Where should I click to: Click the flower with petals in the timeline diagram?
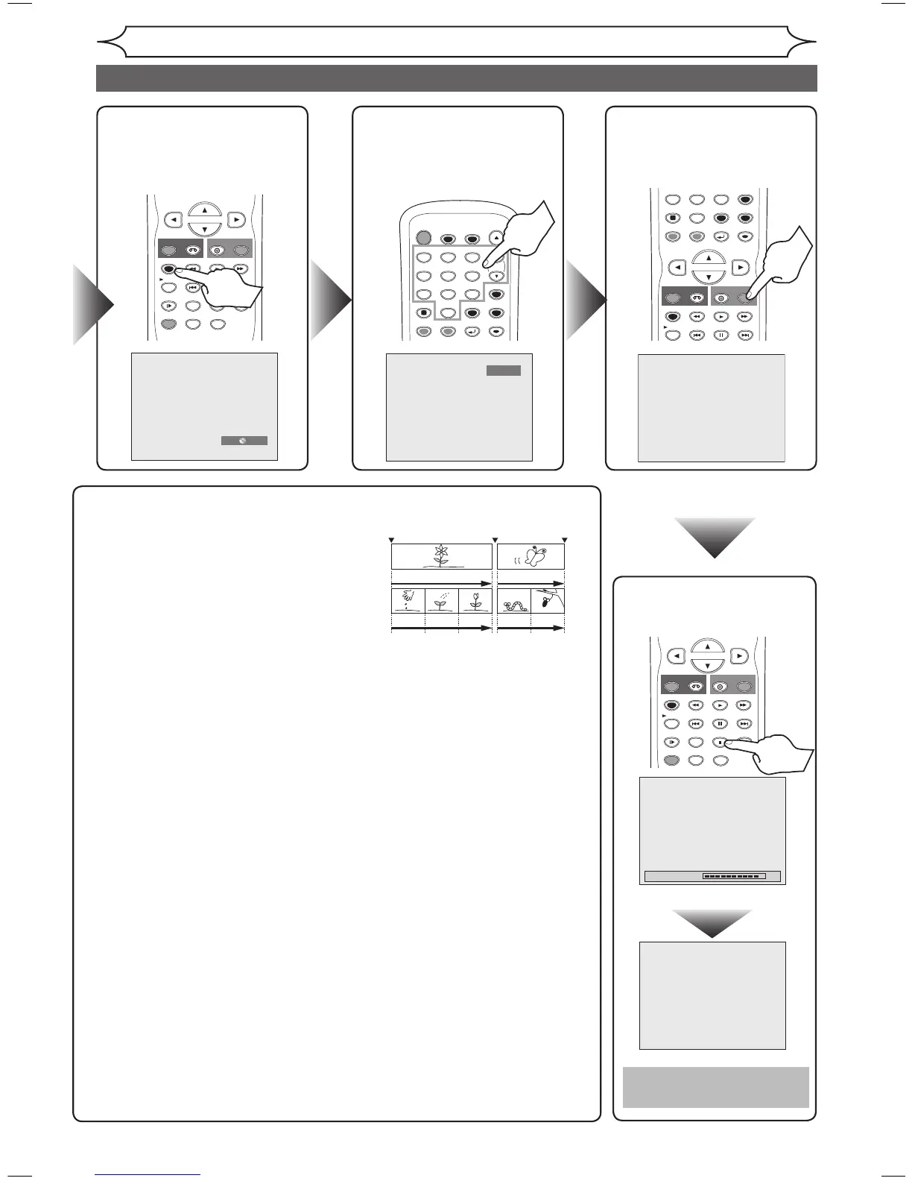(x=442, y=555)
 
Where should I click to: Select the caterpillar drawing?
(x=514, y=605)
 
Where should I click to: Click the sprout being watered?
(x=441, y=602)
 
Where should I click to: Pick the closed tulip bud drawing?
(x=475, y=601)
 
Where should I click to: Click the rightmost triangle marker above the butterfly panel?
(x=565, y=539)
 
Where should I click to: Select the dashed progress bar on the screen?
(x=734, y=876)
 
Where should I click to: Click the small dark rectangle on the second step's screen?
(x=504, y=371)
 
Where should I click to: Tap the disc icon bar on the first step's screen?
(x=244, y=441)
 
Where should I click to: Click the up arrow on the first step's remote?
(x=205, y=210)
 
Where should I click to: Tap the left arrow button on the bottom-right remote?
(x=676, y=657)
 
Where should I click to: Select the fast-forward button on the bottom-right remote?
(x=744, y=705)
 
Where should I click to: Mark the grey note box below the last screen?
(x=715, y=1087)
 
